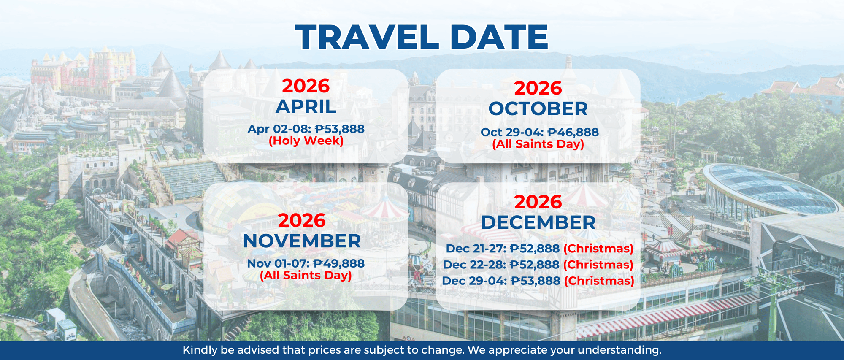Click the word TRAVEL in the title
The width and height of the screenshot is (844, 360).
(x=367, y=37)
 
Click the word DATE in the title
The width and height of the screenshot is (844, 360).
(x=499, y=37)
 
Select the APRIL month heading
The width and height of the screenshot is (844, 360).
(x=306, y=107)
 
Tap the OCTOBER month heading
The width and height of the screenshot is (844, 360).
(x=538, y=109)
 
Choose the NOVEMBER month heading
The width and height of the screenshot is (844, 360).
(x=302, y=241)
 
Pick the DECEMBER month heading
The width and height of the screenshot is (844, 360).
(x=538, y=223)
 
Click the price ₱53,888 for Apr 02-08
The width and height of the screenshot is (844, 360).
(x=340, y=129)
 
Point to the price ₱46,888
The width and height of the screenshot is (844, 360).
(x=573, y=132)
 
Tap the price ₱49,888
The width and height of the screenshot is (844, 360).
(x=339, y=263)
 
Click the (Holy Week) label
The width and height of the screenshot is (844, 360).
(x=306, y=141)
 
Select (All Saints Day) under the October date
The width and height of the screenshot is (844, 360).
(x=538, y=144)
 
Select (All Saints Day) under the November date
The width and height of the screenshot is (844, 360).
(x=306, y=275)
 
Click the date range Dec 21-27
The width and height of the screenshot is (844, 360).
(x=476, y=249)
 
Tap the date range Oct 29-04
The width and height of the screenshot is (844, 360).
(x=512, y=132)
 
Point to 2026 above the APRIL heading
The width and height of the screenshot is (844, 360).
(x=306, y=86)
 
